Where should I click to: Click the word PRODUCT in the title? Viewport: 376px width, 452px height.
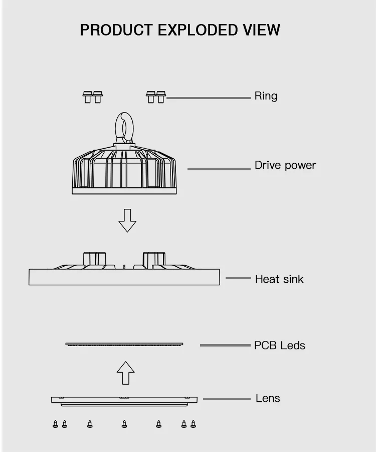click(117, 30)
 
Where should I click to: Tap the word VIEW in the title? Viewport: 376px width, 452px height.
click(262, 30)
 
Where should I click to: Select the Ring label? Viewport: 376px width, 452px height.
click(266, 96)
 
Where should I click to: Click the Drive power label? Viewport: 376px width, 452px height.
click(285, 165)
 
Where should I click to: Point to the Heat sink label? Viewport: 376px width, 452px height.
click(279, 279)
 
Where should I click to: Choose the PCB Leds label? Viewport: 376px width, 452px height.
click(279, 346)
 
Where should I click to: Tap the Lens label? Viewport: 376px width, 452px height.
click(268, 398)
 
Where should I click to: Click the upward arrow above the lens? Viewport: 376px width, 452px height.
click(125, 374)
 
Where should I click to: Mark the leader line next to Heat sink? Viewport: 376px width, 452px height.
click(238, 278)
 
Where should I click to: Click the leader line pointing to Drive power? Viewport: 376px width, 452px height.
click(219, 169)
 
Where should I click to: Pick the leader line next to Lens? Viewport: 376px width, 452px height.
click(226, 399)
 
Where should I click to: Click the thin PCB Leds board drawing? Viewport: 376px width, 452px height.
click(124, 344)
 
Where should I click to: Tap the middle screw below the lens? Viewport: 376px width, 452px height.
click(124, 424)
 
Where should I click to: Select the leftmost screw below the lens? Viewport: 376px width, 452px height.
click(55, 424)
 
